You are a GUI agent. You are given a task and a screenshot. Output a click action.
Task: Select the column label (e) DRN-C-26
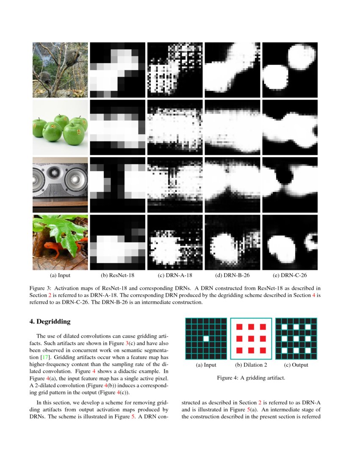click(x=290, y=275)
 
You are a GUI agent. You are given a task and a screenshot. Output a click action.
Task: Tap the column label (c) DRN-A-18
click(x=175, y=275)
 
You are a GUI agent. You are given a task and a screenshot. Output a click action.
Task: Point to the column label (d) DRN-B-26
click(x=233, y=275)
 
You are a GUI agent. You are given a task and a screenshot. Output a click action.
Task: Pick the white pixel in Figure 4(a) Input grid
click(x=206, y=338)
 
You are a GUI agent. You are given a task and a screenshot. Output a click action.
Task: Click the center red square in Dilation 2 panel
click(x=251, y=338)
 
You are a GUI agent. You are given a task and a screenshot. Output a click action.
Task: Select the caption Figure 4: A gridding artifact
click(x=251, y=377)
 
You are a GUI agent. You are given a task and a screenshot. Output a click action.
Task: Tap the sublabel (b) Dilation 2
click(x=251, y=365)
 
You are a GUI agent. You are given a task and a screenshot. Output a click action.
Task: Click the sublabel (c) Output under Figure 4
click(x=296, y=365)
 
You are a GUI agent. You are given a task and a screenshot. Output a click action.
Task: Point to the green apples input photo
click(x=60, y=128)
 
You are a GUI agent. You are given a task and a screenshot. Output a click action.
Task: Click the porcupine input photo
click(x=60, y=70)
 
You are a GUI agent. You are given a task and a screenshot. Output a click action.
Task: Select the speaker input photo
click(x=60, y=185)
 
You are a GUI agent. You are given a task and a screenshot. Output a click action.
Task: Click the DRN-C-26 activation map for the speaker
click(x=290, y=185)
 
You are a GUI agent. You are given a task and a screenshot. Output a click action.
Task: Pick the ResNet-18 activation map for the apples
click(x=117, y=128)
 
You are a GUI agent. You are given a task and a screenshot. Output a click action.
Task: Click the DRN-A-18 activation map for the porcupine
click(x=175, y=70)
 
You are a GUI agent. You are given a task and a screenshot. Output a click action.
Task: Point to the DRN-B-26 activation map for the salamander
click(x=233, y=242)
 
